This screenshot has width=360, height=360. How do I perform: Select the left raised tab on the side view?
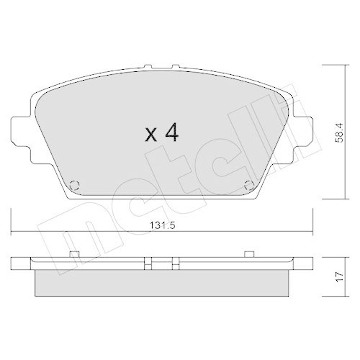click(x=75, y=253)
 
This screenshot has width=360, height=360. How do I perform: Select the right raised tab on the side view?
click(x=248, y=253)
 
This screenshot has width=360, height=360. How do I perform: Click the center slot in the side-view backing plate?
click(x=162, y=261)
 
